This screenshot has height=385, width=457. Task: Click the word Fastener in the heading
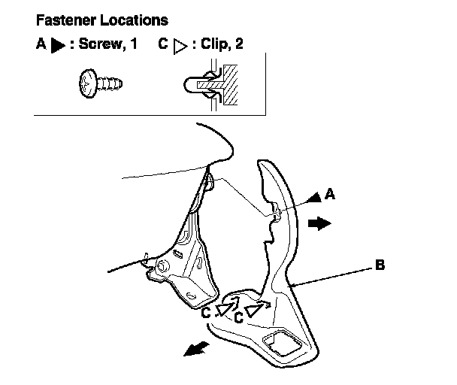(66, 21)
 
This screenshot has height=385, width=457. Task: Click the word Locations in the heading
(135, 21)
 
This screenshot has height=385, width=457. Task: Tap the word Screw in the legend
(100, 44)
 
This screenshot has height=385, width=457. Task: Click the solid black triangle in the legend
(57, 45)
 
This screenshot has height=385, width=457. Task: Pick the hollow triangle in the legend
(180, 47)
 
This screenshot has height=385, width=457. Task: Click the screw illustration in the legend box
(101, 83)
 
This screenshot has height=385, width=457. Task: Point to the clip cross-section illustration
(210, 85)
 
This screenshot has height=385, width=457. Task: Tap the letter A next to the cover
(330, 194)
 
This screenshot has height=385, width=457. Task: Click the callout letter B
(380, 265)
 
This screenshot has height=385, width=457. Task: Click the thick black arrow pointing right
(319, 223)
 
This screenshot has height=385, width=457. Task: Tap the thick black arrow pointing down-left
(196, 349)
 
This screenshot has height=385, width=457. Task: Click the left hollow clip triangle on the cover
(226, 309)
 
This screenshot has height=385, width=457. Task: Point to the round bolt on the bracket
(162, 266)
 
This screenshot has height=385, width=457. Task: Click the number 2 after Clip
(239, 44)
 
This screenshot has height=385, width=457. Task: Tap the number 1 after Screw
(133, 44)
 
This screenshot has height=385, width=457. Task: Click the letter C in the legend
(163, 44)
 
